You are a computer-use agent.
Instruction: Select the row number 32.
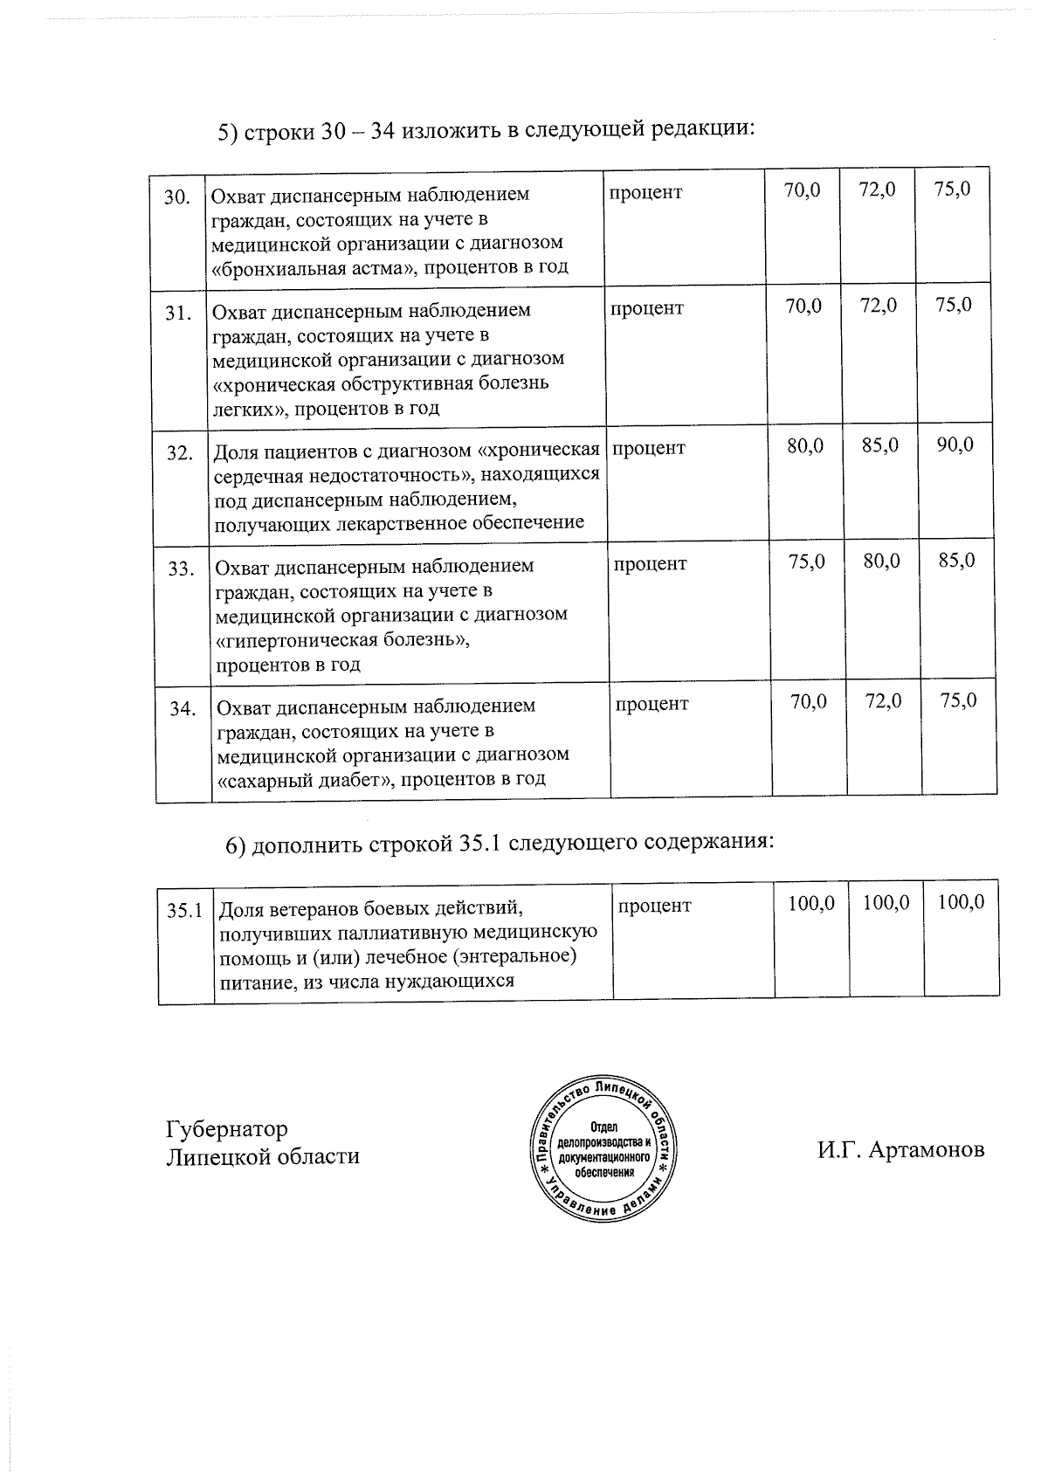click(180, 452)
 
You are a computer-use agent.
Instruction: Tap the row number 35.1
click(185, 910)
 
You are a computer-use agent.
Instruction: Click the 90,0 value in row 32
click(955, 445)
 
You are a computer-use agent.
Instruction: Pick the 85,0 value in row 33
click(956, 561)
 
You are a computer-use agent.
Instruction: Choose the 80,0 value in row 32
click(804, 445)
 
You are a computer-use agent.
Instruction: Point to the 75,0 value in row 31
click(953, 305)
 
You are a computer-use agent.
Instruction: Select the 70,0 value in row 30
click(802, 189)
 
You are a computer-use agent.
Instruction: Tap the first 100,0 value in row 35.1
click(811, 902)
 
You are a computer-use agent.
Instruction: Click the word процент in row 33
click(650, 564)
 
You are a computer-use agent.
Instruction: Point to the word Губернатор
click(226, 1129)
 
